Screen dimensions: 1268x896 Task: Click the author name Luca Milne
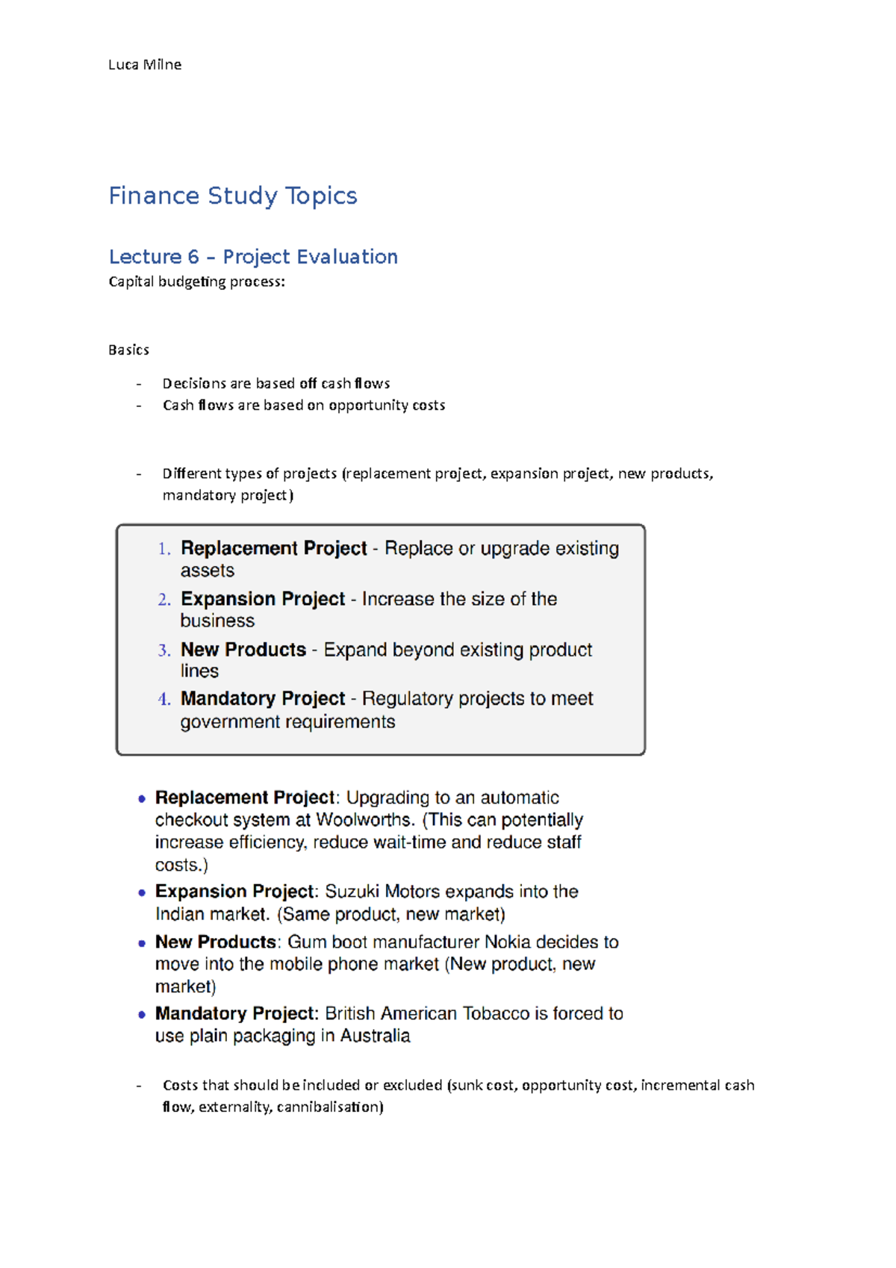pos(145,65)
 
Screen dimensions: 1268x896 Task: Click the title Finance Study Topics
pos(233,196)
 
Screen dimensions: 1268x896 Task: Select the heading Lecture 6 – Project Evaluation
pos(253,257)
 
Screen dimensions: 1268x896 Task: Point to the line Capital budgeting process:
pos(197,282)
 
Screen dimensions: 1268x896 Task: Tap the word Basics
pos(128,350)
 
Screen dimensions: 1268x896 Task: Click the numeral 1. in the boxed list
pos(164,549)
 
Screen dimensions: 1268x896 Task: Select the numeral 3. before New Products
pos(164,650)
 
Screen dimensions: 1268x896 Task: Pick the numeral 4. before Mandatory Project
pos(164,700)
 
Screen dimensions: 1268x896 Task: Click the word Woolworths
pos(364,820)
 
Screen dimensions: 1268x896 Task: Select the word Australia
pos(375,1037)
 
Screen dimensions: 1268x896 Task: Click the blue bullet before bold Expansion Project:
pos(142,892)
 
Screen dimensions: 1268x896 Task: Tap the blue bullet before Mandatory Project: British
pos(142,1015)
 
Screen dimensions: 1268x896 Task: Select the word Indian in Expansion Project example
pos(180,915)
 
